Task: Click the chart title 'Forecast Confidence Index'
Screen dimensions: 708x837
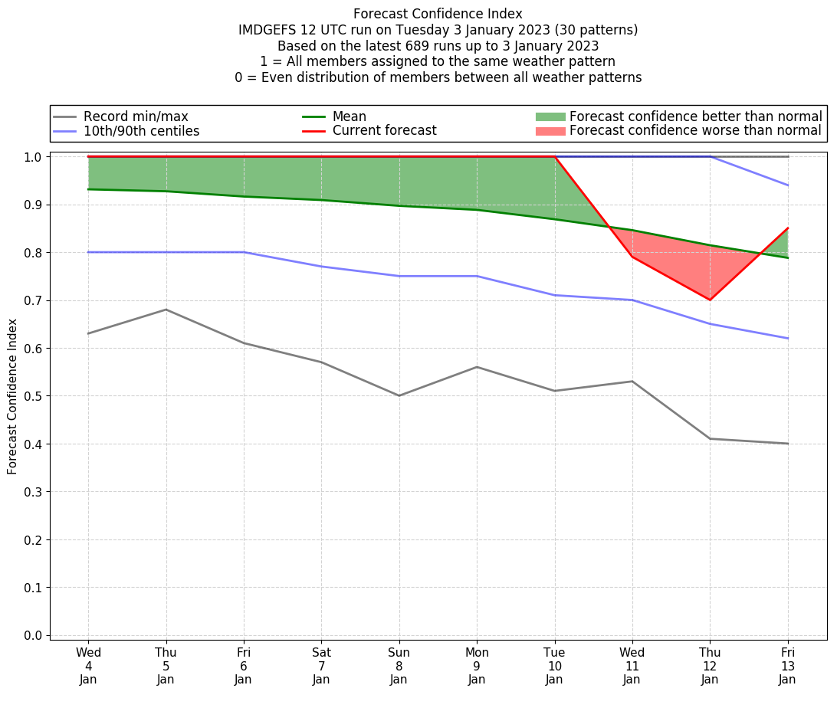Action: (438, 14)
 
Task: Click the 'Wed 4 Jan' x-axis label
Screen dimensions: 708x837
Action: (88, 665)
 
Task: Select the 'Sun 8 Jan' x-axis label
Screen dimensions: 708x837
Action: (399, 665)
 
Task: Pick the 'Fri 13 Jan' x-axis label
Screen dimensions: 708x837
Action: (787, 665)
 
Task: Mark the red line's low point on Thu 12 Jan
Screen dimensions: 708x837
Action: (710, 300)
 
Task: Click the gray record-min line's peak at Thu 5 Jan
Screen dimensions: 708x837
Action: (166, 310)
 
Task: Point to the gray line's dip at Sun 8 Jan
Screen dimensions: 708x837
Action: (399, 395)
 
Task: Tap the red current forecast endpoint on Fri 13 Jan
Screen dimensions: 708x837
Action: (788, 228)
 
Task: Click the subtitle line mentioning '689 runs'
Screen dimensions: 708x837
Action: (438, 46)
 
